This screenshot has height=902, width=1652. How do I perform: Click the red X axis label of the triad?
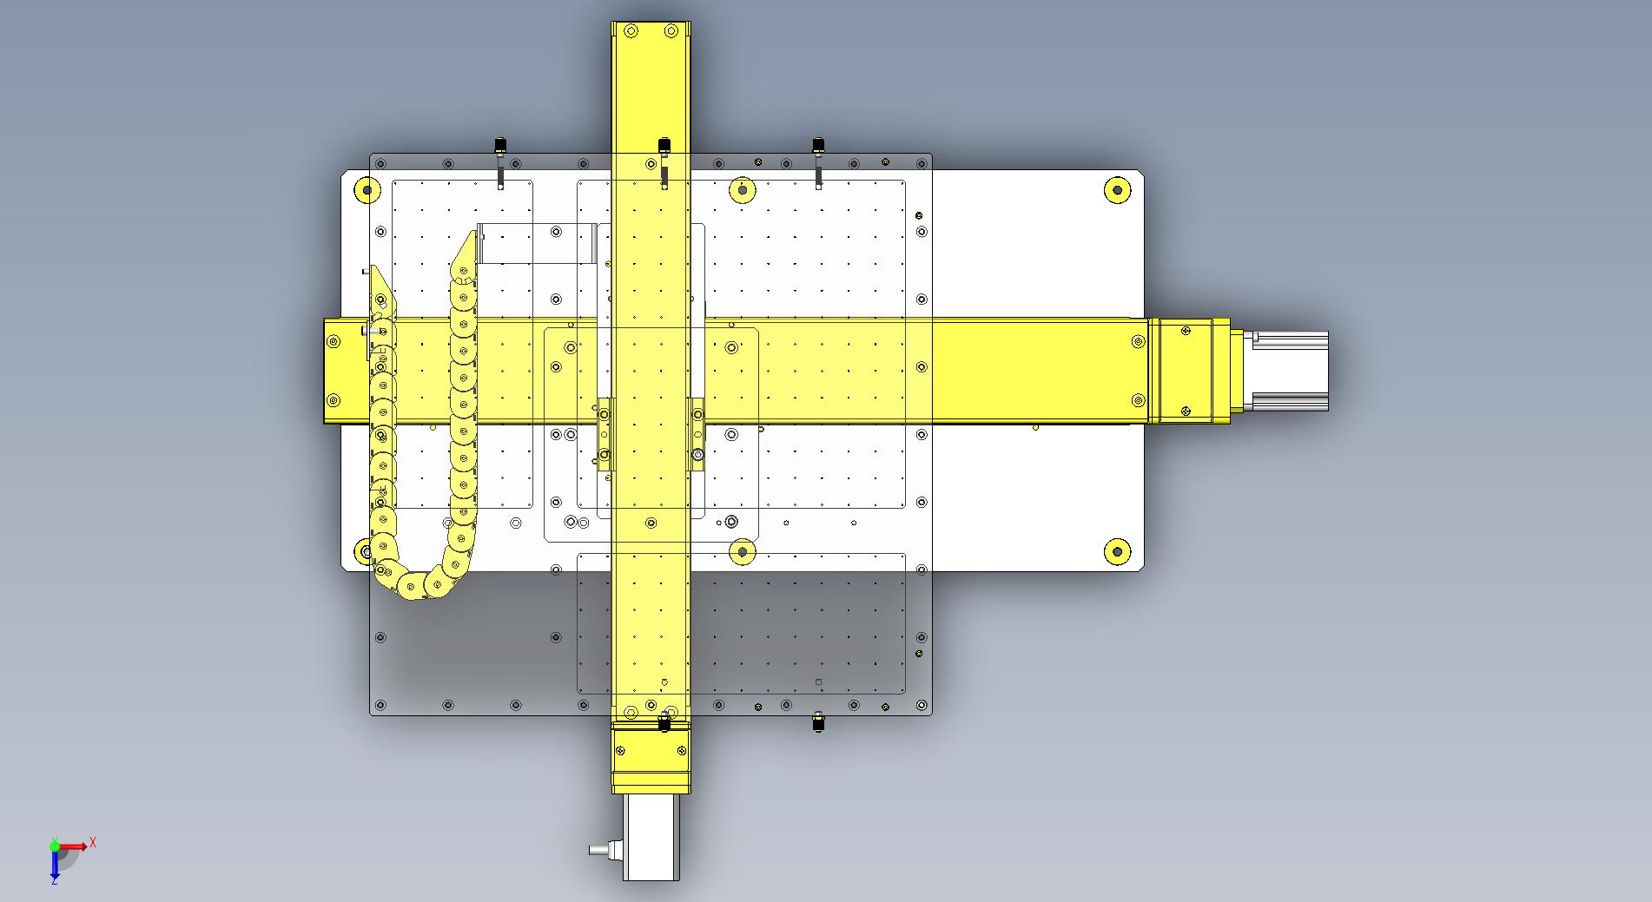point(93,842)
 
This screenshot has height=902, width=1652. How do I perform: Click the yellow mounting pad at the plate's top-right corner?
point(1117,190)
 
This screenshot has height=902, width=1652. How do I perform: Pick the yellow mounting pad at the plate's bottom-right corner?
point(1117,550)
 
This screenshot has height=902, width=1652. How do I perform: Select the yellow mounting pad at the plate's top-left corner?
point(367,190)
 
